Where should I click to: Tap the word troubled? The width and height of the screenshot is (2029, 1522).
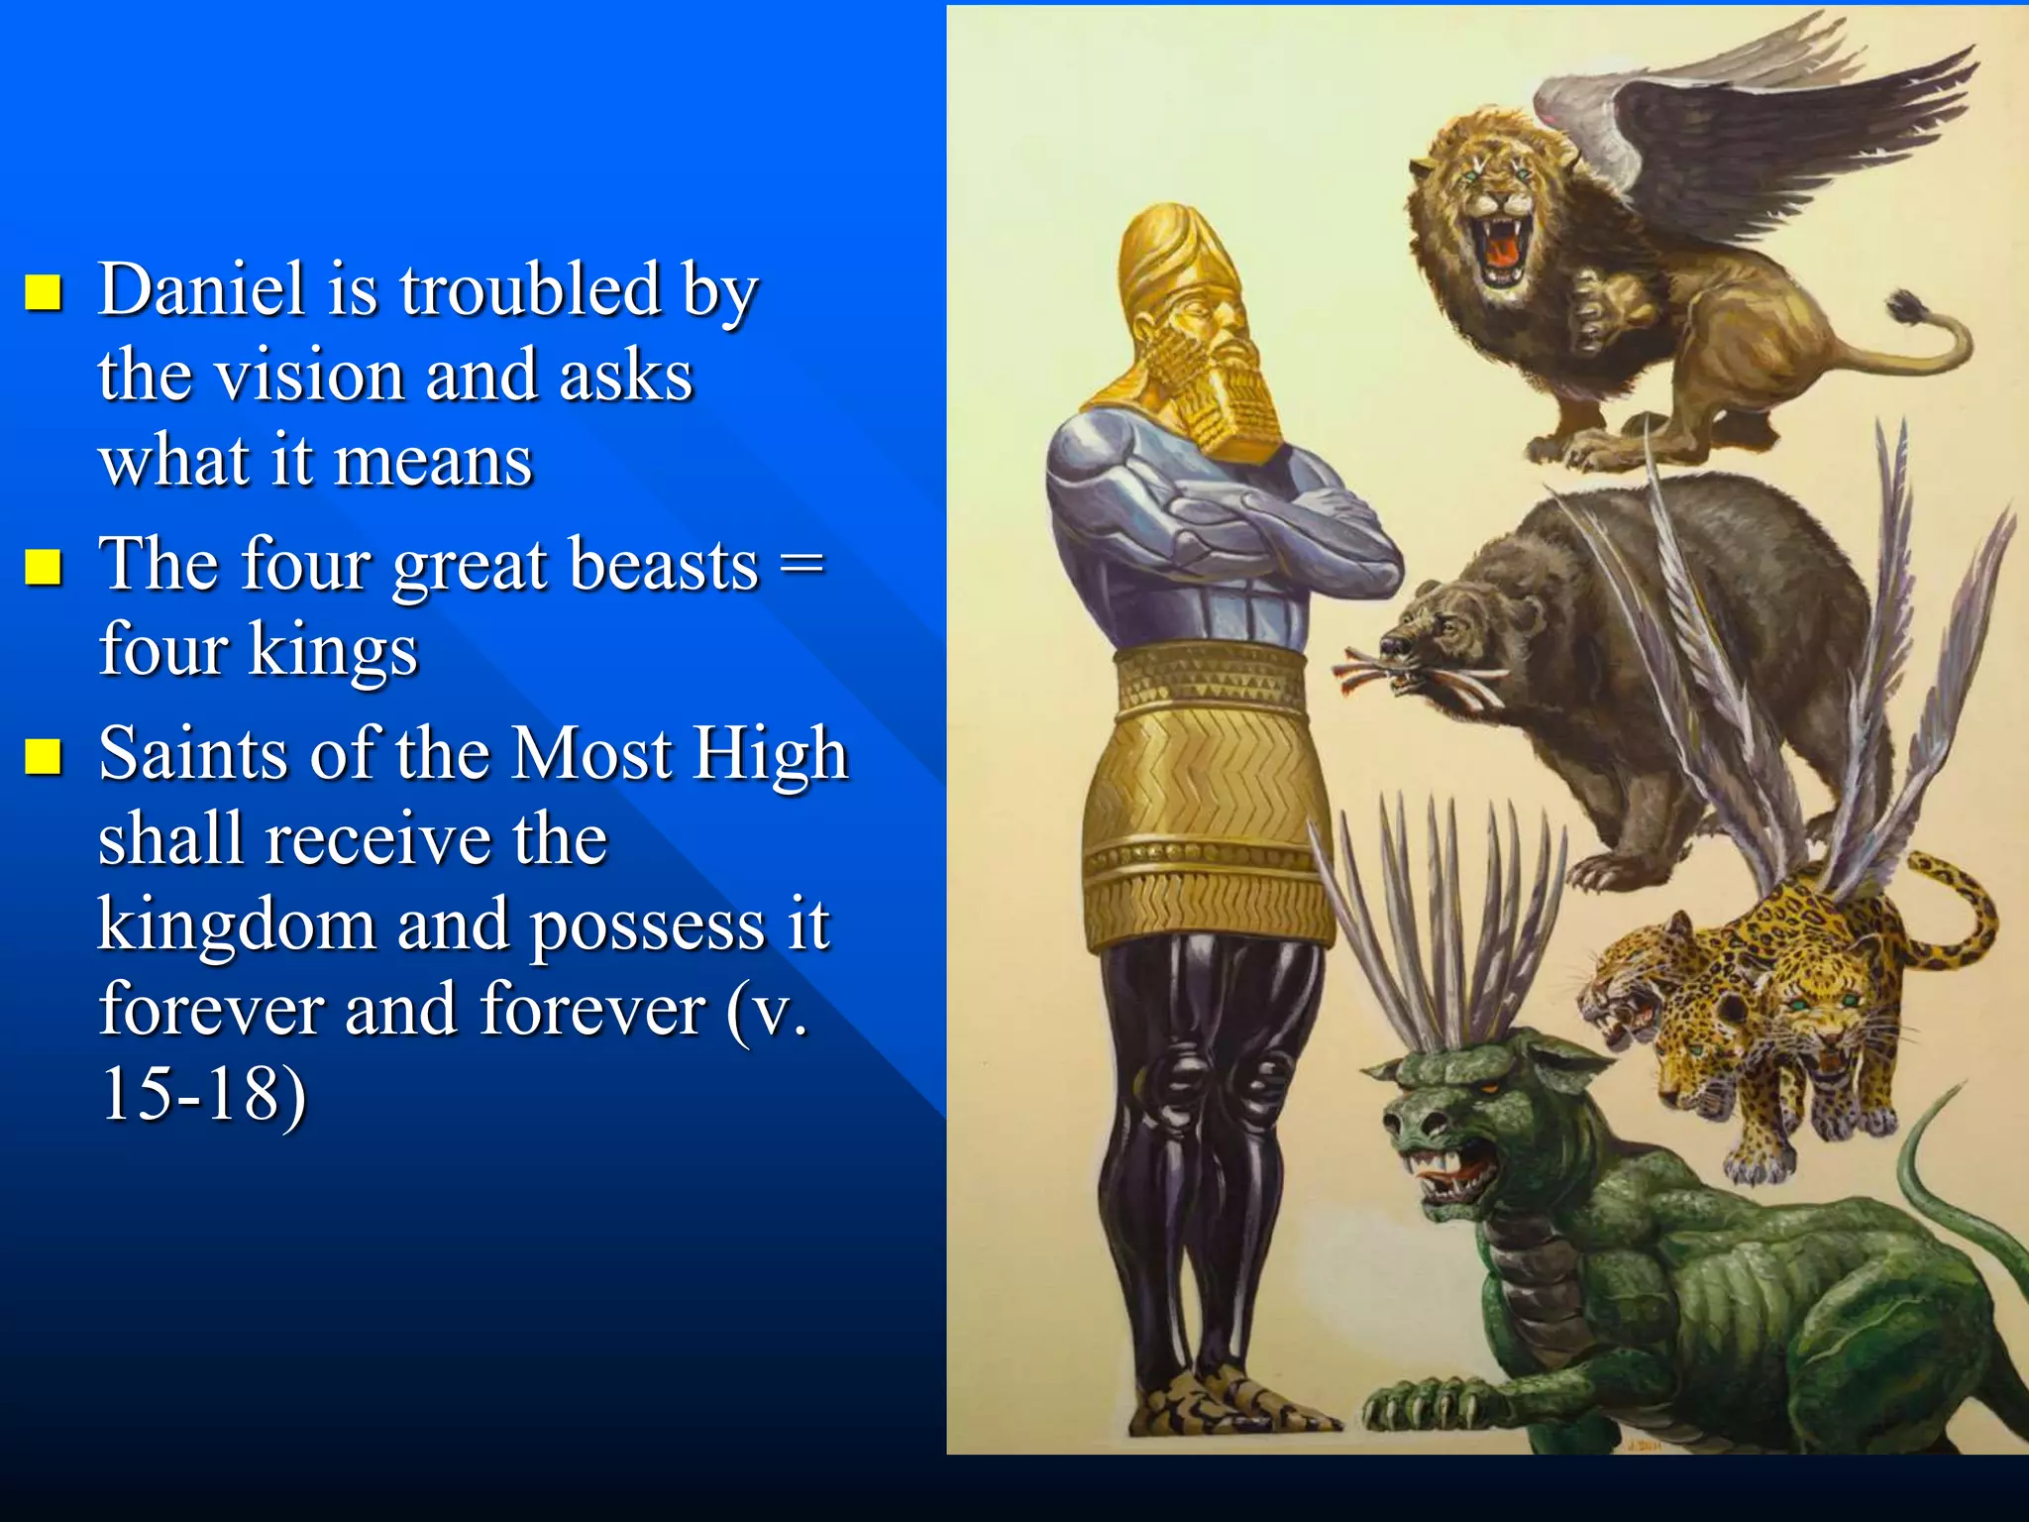[x=529, y=290]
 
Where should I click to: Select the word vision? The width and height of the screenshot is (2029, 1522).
[x=309, y=377]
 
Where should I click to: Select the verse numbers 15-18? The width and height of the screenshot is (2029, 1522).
[x=203, y=1096]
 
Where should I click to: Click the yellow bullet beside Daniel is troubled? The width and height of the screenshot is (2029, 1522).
[x=44, y=293]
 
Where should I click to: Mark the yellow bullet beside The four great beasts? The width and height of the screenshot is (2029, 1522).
[x=44, y=568]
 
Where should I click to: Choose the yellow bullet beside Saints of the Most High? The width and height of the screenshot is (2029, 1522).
[x=44, y=756]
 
